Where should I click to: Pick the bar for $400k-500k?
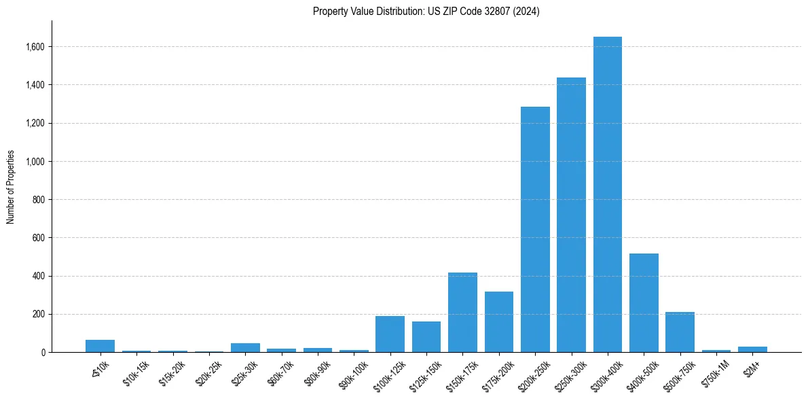pyautogui.click(x=644, y=303)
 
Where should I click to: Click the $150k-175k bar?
pyautogui.click(x=462, y=313)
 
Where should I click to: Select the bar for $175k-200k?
pyautogui.click(x=499, y=322)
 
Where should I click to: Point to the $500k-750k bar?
pyautogui.click(x=680, y=332)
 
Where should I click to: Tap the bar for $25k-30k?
pyautogui.click(x=245, y=348)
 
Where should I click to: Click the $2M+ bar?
pyautogui.click(x=752, y=349)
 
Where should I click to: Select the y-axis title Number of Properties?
pyautogui.click(x=11, y=187)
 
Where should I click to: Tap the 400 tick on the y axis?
pyautogui.click(x=38, y=276)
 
